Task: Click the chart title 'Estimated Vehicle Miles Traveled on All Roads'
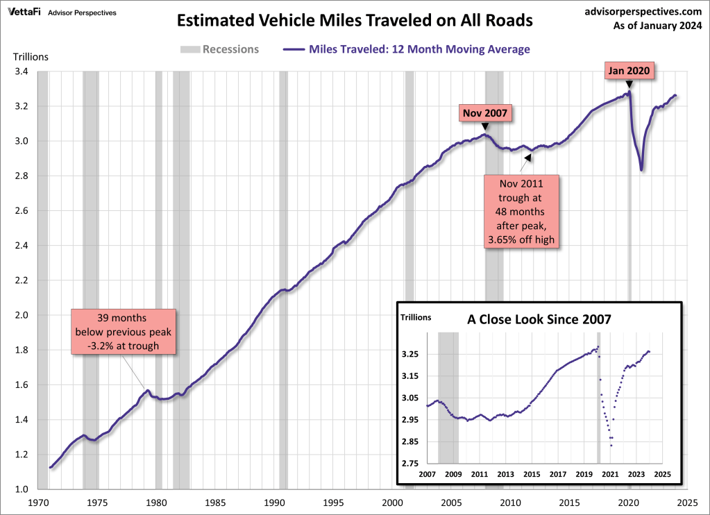pyautogui.click(x=355, y=21)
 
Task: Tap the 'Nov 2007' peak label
pyautogui.click(x=485, y=112)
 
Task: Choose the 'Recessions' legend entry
pyautogui.click(x=220, y=49)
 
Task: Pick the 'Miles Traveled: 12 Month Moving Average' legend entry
pyautogui.click(x=406, y=49)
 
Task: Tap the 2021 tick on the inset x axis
pyautogui.click(x=609, y=474)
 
